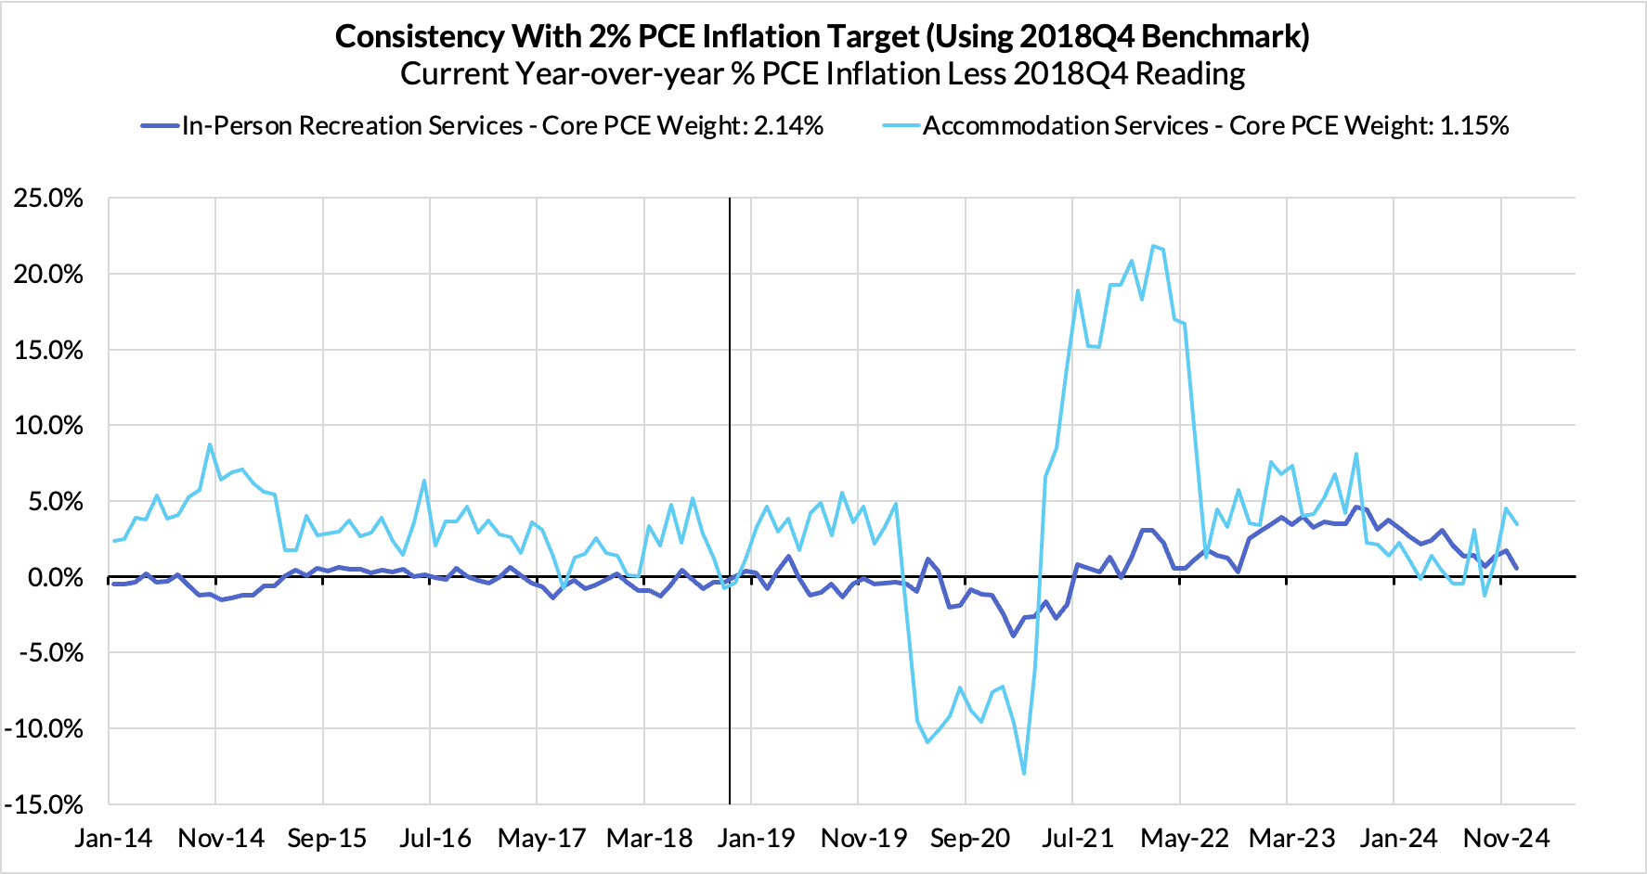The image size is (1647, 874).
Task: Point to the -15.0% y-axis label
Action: [x=44, y=804]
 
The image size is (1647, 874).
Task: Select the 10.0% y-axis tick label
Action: [x=48, y=426]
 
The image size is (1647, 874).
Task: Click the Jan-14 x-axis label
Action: [x=113, y=839]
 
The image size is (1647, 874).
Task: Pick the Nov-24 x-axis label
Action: [x=1506, y=839]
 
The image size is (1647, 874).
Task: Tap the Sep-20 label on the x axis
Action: [x=969, y=839]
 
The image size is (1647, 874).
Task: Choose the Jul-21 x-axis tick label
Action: [x=1077, y=839]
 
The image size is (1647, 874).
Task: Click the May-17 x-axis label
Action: [x=541, y=839]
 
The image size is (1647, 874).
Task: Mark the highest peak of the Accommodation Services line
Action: [x=1153, y=246]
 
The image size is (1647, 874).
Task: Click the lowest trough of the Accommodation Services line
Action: [x=1024, y=774]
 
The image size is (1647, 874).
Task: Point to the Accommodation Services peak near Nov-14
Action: [x=210, y=444]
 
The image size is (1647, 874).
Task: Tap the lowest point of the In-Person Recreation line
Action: [x=1013, y=636]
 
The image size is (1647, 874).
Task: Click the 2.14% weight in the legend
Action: [x=788, y=126]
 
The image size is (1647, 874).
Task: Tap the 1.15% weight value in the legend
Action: [x=1473, y=126]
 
